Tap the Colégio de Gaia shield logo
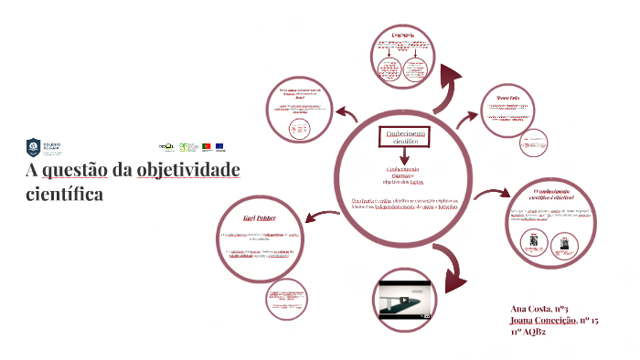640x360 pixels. click(33, 146)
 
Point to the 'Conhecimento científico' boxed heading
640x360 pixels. click(403, 137)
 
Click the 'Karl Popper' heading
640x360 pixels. click(261, 219)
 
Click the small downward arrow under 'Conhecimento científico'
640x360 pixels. click(403, 159)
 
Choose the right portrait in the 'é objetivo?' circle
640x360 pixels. click(564, 242)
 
